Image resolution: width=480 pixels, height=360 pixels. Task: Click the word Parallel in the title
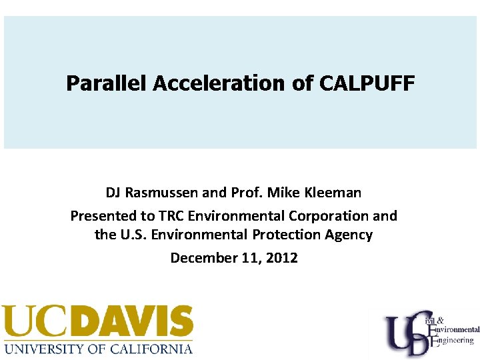(x=107, y=84)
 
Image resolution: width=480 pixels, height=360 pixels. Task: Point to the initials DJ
(x=114, y=193)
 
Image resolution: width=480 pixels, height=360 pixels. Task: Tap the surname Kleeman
(x=333, y=193)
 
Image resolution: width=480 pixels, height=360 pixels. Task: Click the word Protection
(x=289, y=235)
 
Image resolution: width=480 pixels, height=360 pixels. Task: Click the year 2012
(x=282, y=257)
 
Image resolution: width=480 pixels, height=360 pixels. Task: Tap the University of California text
(x=98, y=348)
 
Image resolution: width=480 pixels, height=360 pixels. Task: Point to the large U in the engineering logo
(x=398, y=331)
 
